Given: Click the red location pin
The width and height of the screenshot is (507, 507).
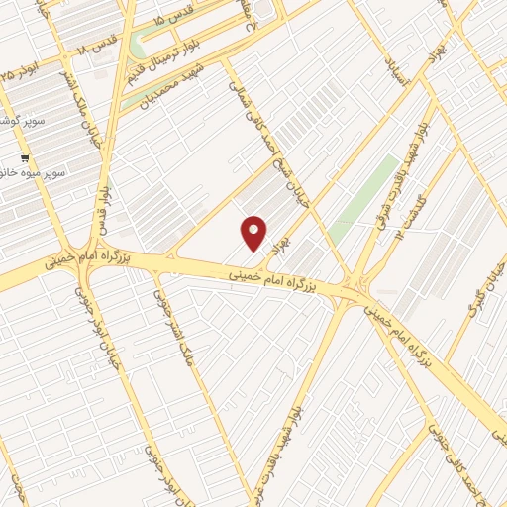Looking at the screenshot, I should [x=253, y=233].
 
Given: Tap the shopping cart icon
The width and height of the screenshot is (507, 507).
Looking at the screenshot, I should [x=25, y=158].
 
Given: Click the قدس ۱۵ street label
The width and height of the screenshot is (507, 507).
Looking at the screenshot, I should [x=175, y=20].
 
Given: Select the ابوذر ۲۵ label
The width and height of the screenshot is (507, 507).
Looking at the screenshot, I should [x=22, y=71].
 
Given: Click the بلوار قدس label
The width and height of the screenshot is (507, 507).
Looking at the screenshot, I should [x=102, y=213].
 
